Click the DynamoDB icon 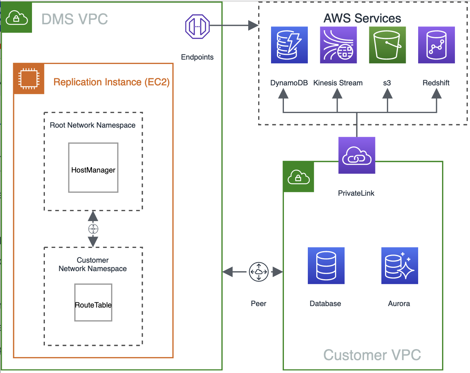(289, 45)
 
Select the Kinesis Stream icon (338, 45)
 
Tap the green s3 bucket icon (387, 45)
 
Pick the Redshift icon (436, 45)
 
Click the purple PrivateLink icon (357, 155)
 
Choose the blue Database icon (326, 266)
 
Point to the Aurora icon (399, 266)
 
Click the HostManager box (93, 168)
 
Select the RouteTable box (93, 302)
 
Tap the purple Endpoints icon (197, 26)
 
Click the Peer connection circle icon (259, 272)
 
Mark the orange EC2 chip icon (29, 79)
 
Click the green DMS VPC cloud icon (17, 17)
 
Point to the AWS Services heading (362, 18)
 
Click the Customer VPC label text (372, 355)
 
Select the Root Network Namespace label (93, 125)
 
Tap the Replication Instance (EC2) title (111, 82)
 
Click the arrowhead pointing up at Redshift (436, 94)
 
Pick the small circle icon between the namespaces (93, 229)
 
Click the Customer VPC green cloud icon (298, 177)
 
